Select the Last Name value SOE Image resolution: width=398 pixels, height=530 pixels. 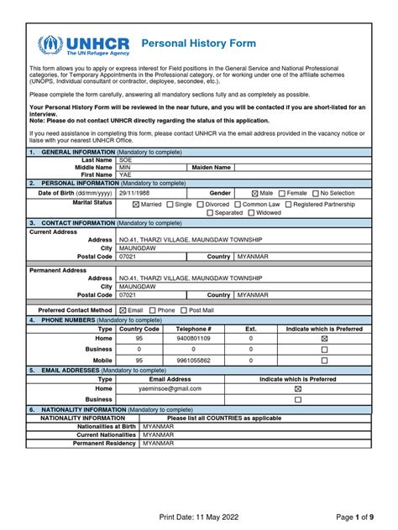tap(125, 159)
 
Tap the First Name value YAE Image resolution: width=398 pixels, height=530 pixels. tap(125, 174)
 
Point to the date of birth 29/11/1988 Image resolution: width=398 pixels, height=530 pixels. tap(135, 192)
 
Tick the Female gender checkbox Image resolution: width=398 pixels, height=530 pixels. tap(282, 192)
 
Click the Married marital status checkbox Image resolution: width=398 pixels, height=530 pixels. tap(136, 204)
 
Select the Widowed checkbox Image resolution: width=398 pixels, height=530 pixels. tap(252, 213)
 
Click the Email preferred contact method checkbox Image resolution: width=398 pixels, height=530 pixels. tap(123, 310)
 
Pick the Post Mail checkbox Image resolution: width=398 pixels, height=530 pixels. tap(185, 310)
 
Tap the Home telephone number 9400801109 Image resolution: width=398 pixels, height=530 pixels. tap(194, 338)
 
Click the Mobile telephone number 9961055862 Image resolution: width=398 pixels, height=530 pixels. tap(194, 360)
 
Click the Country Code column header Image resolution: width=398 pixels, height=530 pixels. tap(139, 329)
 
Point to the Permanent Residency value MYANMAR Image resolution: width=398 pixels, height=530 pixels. tap(159, 442)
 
